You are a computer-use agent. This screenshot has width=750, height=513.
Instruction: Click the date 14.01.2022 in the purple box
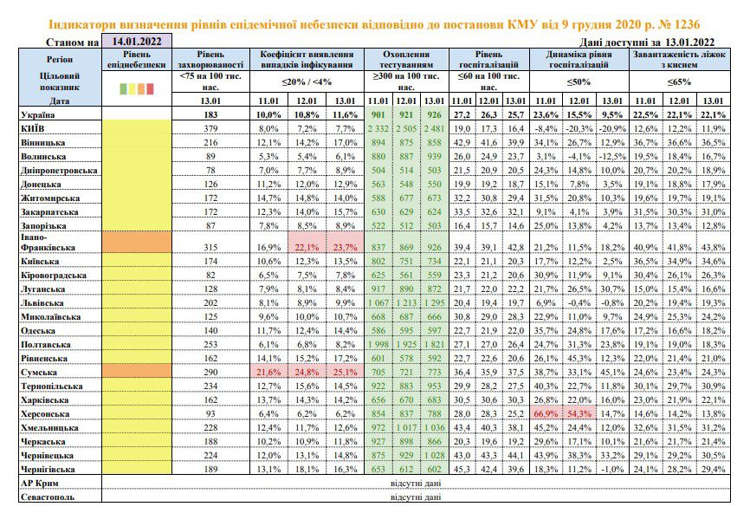pyautogui.click(x=137, y=41)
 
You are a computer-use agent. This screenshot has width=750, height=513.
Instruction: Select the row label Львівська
pyautogui.click(x=42, y=303)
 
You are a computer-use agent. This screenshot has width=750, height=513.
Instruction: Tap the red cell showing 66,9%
pyautogui.click(x=546, y=413)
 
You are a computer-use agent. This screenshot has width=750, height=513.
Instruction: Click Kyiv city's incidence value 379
pyautogui.click(x=210, y=129)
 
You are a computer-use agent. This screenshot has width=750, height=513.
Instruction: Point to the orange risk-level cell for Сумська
pyautogui.click(x=137, y=372)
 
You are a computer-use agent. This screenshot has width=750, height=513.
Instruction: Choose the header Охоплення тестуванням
pyautogui.click(x=406, y=59)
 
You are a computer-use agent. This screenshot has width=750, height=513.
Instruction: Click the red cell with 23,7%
pyautogui.click(x=345, y=247)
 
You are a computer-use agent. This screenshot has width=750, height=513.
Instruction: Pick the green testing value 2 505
pyautogui.click(x=406, y=129)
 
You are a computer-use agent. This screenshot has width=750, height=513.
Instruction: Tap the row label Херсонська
pyautogui.click(x=45, y=414)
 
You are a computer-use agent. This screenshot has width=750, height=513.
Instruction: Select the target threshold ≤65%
pyautogui.click(x=679, y=81)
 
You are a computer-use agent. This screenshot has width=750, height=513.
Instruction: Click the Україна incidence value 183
pyautogui.click(x=210, y=115)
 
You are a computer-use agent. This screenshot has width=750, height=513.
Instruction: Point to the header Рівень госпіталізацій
pyautogui.click(x=488, y=59)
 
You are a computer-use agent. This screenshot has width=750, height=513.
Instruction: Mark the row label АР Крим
pyautogui.click(x=40, y=483)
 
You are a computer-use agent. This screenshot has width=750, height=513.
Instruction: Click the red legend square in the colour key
pyautogui.click(x=150, y=88)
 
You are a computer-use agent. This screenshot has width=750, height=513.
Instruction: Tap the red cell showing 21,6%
pyautogui.click(x=268, y=372)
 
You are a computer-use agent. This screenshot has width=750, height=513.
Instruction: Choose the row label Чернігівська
pyautogui.click(x=48, y=470)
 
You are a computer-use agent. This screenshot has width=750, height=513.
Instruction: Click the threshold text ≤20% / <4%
pyautogui.click(x=307, y=81)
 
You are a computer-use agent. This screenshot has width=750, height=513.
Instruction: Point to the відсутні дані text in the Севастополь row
pyautogui.click(x=416, y=497)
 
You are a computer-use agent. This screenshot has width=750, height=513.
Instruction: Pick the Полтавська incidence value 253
pyautogui.click(x=210, y=345)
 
